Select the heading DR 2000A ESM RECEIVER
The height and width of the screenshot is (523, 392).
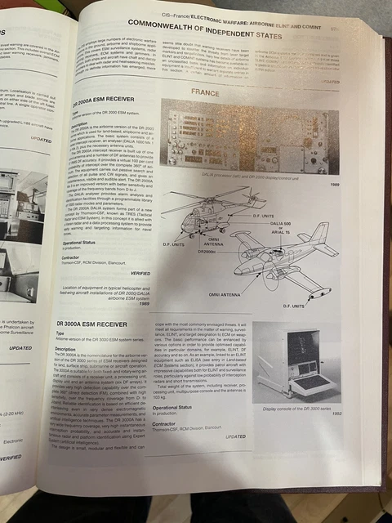coord(105,99)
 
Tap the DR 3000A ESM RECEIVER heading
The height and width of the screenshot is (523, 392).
coord(103,324)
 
